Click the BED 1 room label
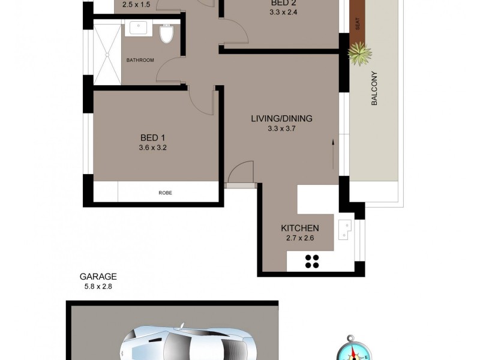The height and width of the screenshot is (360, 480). coord(152,137)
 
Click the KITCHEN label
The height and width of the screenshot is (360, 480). coord(299,228)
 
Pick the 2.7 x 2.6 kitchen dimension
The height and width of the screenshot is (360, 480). coord(299,238)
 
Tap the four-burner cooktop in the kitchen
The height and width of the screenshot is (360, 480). coord(312,260)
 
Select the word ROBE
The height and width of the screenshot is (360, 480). coord(165,193)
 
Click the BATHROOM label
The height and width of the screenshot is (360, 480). coord(140,60)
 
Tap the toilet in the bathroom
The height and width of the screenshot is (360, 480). coord(166,35)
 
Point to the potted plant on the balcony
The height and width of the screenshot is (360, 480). coord(359,56)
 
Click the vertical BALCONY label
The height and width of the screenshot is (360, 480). coord(374,88)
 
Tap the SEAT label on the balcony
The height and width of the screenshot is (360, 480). coord(358,25)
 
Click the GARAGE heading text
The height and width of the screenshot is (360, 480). coord(98,277)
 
